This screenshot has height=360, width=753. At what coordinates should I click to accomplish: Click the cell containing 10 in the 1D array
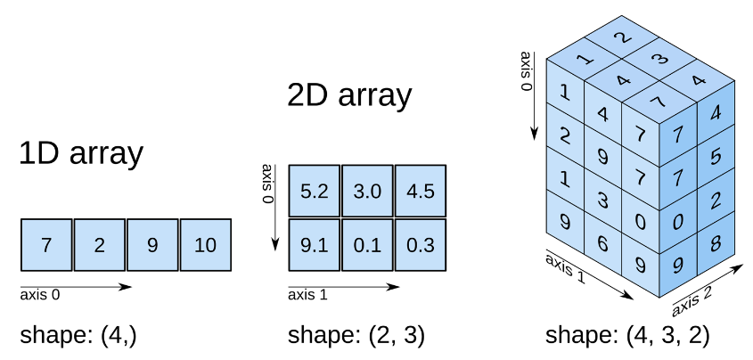(x=206, y=245)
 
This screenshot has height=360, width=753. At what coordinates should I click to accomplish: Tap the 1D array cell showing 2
(x=99, y=245)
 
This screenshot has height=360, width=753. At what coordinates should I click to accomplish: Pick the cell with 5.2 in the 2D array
(x=314, y=192)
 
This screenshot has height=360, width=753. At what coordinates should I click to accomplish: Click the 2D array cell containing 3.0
(x=367, y=192)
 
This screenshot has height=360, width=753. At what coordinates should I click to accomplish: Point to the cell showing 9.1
(x=314, y=245)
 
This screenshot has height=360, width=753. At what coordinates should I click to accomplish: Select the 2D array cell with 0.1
(x=367, y=245)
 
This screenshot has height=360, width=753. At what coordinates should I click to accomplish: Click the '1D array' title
(x=81, y=153)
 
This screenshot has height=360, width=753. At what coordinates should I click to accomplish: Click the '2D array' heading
(x=349, y=94)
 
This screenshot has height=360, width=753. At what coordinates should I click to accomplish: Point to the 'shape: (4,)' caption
(x=78, y=336)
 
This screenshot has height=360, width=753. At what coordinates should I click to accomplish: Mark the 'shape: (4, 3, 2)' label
(x=627, y=336)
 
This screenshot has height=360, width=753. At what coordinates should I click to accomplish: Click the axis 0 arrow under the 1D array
(x=76, y=287)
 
